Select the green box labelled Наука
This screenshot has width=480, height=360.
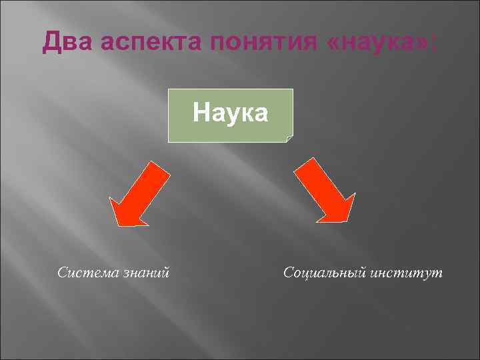[230, 116]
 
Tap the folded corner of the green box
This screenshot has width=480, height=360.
[289, 139]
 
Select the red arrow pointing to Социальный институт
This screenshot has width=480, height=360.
[325, 190]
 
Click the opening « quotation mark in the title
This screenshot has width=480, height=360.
[335, 44]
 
